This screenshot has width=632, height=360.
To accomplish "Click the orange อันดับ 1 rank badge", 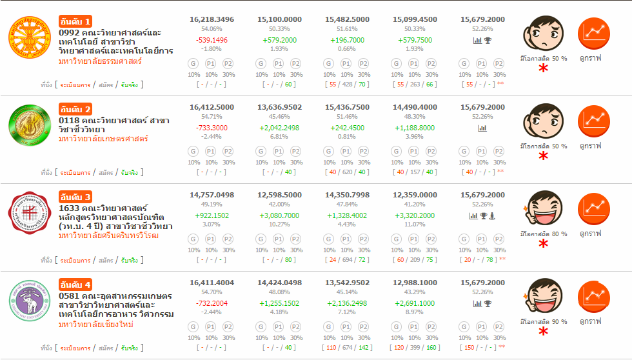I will pyautogui.click(x=75, y=21).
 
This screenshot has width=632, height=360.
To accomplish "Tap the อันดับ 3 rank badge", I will pyautogui.click(x=75, y=196).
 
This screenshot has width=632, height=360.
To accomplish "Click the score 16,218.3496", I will pyautogui.click(x=212, y=20).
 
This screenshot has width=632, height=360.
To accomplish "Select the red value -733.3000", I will pyautogui.click(x=212, y=128).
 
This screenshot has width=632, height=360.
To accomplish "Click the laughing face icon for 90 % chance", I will pyautogui.click(x=544, y=295).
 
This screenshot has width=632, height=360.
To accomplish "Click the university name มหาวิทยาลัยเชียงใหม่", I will pyautogui.click(x=96, y=325).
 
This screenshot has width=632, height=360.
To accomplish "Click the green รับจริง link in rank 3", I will pyautogui.click(x=129, y=261).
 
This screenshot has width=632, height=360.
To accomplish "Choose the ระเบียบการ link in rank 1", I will pyautogui.click(x=75, y=85).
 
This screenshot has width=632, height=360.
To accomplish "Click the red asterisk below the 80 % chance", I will pyautogui.click(x=544, y=244).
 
